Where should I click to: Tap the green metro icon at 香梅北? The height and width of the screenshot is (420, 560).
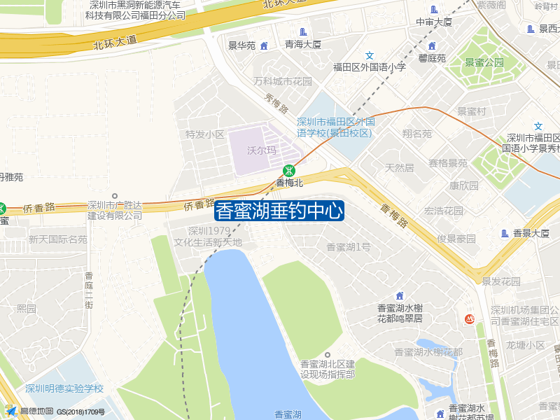[288, 171]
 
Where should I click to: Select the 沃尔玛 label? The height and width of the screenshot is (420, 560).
[262, 150]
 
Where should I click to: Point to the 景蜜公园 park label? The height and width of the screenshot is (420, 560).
[484, 62]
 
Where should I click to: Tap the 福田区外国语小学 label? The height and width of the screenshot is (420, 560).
[370, 67]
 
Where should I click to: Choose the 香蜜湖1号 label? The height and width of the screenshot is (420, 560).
[349, 246]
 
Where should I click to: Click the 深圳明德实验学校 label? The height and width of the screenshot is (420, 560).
[64, 388]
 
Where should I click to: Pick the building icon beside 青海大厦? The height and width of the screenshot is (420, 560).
[303, 31]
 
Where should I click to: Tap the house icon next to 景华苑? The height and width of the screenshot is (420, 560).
[264, 46]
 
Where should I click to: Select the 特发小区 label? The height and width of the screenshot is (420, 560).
[204, 134]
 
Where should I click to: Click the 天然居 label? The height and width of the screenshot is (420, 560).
[400, 168]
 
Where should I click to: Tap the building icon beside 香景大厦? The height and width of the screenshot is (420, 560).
[505, 233]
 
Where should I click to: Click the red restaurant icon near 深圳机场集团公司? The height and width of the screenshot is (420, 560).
[470, 319]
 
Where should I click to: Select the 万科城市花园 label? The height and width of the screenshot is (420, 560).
[283, 81]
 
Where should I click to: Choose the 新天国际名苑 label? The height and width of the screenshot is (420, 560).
[58, 239]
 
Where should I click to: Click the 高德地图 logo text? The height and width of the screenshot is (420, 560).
[36, 412]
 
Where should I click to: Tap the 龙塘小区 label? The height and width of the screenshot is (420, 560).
[526, 345]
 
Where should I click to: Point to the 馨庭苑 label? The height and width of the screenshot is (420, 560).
[432, 58]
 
